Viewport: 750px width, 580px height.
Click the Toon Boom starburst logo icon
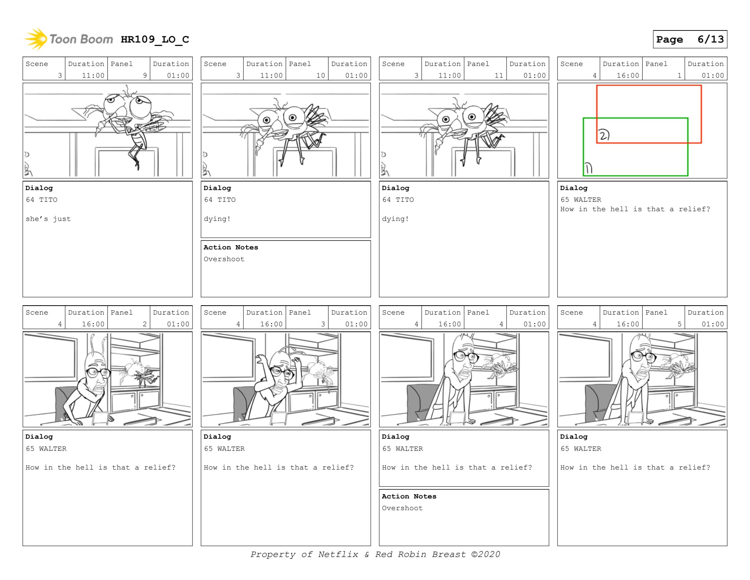36,39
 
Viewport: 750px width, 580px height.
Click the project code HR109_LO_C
155,39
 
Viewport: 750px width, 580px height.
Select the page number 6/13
711,39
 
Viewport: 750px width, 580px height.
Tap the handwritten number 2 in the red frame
604,135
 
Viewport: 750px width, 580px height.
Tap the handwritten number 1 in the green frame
588,168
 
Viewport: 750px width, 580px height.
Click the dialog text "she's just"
48,219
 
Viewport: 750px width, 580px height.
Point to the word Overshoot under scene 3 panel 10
224,259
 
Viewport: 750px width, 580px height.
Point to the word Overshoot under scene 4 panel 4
402,508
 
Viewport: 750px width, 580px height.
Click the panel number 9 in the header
145,76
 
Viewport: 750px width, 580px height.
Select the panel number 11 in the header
499,76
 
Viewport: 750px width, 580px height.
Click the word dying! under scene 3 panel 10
217,219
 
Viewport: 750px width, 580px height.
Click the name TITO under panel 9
48,200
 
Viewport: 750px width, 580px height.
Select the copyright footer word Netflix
338,554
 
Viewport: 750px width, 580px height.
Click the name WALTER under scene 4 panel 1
587,200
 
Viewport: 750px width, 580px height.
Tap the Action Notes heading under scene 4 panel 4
409,496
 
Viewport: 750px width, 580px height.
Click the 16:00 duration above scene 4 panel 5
628,324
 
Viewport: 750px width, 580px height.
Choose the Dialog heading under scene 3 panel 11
395,188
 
